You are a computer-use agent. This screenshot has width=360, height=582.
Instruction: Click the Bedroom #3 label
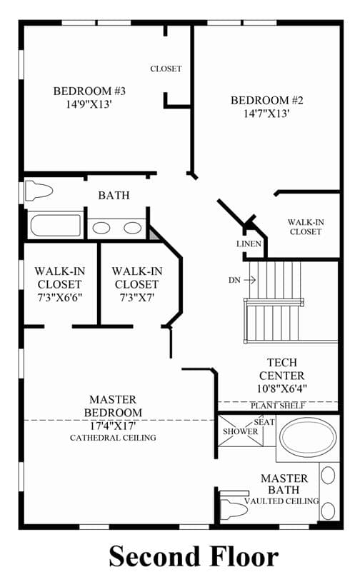pos(89,91)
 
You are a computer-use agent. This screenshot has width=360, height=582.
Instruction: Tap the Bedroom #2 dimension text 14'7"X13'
pos(266,114)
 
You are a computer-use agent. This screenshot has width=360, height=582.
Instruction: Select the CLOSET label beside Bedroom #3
pos(166,69)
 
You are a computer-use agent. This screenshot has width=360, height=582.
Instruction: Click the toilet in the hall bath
pos(39,191)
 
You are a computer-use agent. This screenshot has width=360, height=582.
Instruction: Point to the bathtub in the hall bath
pos(56,225)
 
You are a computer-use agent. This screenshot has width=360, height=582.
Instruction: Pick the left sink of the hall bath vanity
pos(101,228)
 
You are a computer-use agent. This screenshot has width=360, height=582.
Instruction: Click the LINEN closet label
pos(249,244)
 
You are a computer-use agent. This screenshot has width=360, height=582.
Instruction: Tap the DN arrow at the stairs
pos(250,280)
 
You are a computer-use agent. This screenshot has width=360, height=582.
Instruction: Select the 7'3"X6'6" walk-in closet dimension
pos(59,297)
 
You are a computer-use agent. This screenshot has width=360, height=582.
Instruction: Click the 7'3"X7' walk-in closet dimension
pos(136,297)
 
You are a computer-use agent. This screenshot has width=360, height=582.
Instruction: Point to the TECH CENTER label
pos(281,369)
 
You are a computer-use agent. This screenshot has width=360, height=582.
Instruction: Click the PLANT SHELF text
pos(278,406)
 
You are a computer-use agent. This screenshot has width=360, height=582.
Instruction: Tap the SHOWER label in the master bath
pos(240,431)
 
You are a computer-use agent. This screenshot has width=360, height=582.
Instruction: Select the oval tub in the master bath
pos(308,437)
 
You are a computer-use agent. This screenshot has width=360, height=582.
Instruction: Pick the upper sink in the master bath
pos(328,476)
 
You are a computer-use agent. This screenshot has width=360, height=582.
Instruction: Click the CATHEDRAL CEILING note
pos(113,438)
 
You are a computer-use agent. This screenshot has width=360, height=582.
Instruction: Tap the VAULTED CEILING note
pos(281,501)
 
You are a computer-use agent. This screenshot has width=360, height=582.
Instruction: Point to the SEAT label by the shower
pos(264,422)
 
